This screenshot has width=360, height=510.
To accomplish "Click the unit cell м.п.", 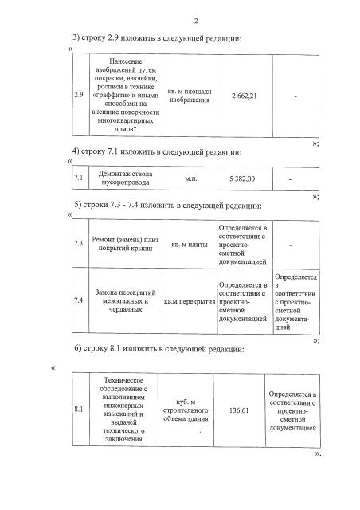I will coord(190,178).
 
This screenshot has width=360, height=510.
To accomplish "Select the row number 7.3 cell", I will coord(78,242).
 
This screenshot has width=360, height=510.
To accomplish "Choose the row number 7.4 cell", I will coord(78,301).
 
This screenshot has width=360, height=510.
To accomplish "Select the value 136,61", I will coord(240,410).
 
